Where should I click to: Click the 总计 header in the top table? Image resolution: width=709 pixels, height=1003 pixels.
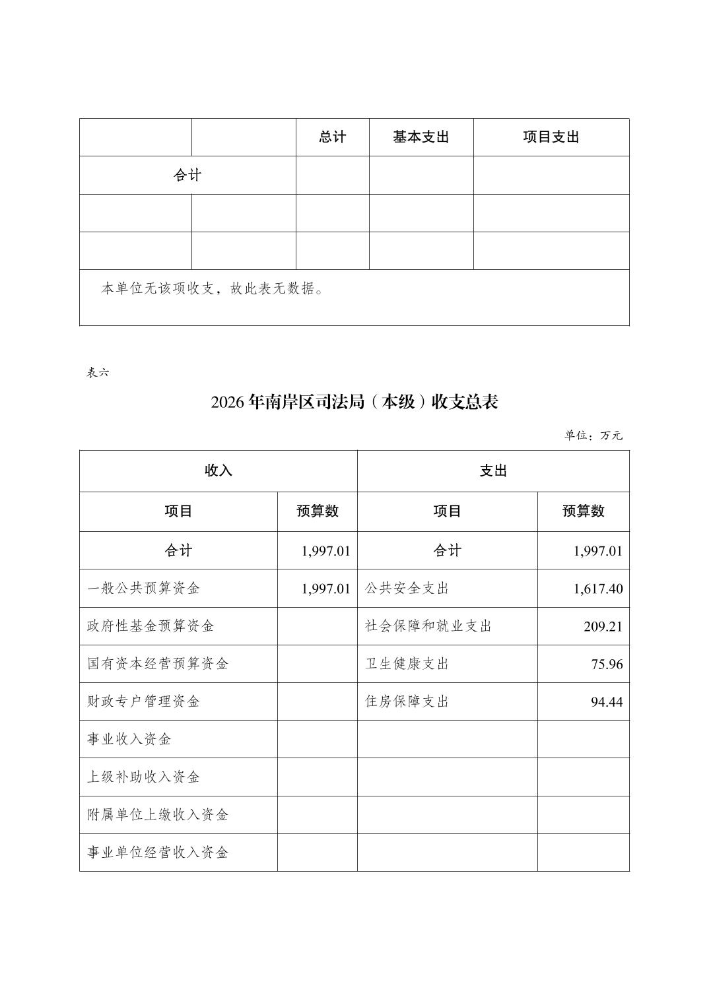coord(332,137)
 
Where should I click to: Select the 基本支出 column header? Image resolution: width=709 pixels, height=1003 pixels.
coord(421,137)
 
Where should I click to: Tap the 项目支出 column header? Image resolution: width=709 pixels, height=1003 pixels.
coord(551,137)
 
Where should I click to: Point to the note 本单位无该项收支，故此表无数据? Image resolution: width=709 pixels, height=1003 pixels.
coord(212,288)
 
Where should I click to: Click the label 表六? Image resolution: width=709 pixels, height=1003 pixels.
coord(98,372)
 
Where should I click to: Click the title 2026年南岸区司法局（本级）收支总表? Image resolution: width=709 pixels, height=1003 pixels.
coord(355,402)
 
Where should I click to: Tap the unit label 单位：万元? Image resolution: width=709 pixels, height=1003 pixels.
coord(593,436)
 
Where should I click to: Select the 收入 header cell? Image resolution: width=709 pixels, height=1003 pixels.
coord(218,471)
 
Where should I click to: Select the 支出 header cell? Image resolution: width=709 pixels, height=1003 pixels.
coord(493,471)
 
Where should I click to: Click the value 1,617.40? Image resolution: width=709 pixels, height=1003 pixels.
coord(597,589)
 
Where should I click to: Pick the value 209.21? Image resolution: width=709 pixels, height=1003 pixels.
coord(603,626)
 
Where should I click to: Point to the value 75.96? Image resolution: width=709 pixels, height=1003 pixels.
coord(607,664)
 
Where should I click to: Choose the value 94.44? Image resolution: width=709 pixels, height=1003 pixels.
coord(607,701)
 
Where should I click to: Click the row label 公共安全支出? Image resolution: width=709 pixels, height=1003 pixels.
coord(407,589)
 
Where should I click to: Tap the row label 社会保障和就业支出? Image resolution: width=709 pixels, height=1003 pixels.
coord(428,626)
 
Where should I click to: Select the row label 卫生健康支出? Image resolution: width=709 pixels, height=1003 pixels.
coord(407,664)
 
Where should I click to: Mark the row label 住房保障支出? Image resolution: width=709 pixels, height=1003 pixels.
coord(407,701)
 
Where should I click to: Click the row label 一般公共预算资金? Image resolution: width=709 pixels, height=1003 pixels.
coord(143,589)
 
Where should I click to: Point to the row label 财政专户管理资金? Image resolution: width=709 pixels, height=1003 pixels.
coord(143,701)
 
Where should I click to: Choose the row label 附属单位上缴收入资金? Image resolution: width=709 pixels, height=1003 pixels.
coord(158,815)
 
